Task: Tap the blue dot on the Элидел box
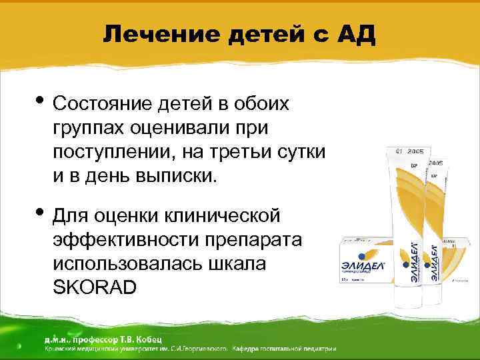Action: (361, 254)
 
